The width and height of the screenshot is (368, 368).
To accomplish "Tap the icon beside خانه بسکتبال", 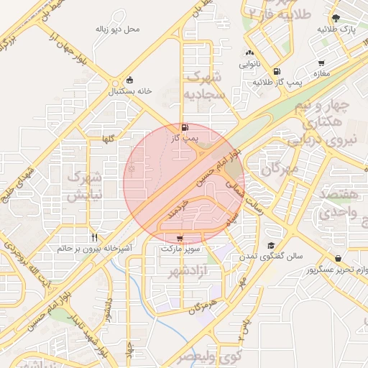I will coord(129,80).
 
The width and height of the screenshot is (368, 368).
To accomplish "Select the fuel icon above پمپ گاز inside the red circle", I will coord(186,126).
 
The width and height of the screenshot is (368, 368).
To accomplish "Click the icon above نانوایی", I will coord(249,52).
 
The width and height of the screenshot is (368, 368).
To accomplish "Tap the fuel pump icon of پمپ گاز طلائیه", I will coord(277,72).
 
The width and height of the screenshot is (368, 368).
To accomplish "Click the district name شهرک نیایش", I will coord(85,185).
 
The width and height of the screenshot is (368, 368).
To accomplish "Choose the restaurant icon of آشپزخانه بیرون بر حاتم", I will coord(94,237).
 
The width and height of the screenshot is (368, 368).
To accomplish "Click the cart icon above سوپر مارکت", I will coord(179,238).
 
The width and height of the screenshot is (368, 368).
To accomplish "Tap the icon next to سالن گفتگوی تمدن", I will coord(270,245).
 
